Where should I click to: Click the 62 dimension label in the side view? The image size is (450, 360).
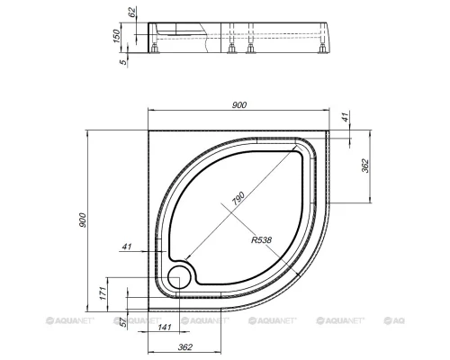132,13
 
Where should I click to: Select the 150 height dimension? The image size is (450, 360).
116,36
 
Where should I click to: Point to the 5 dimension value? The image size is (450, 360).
122,62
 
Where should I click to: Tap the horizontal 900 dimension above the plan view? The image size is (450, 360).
239,105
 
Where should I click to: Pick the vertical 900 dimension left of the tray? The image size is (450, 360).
83,220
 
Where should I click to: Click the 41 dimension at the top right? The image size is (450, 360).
346,117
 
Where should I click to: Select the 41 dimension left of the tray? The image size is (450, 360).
127,247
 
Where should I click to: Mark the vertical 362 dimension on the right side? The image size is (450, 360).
365,166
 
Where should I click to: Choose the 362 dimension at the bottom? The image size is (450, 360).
184,347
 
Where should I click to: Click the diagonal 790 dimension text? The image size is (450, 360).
238,198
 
